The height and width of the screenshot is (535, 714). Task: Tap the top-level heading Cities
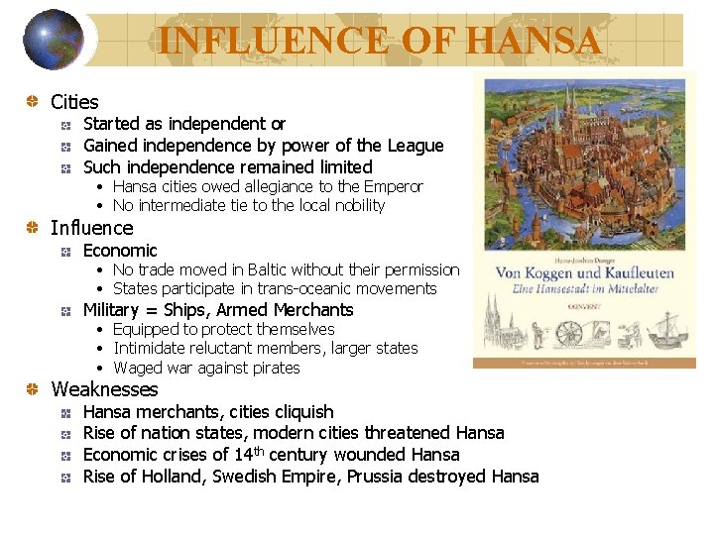74,102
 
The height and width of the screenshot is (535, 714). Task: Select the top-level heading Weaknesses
104,389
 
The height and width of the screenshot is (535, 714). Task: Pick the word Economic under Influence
120,251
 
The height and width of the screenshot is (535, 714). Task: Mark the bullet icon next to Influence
34,229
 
